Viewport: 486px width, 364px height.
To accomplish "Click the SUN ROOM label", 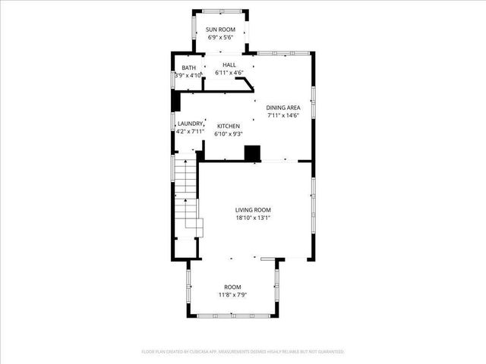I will click(x=221, y=30).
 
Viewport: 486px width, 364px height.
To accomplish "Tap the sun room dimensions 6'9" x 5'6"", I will click(x=221, y=38).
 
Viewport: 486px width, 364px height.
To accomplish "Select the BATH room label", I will click(x=188, y=67).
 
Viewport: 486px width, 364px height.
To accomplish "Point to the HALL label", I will click(x=229, y=64).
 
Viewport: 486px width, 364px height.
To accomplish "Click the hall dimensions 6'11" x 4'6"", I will click(x=229, y=73).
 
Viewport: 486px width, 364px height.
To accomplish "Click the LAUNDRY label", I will click(x=190, y=124).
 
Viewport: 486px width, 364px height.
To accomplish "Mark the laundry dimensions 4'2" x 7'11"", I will click(x=190, y=132).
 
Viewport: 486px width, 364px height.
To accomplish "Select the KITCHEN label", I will click(x=229, y=126).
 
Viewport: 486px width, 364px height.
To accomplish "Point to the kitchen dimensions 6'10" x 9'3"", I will click(x=229, y=134).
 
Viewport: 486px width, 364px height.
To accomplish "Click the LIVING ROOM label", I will click(x=253, y=210).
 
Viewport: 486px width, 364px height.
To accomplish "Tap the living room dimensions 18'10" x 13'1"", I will click(x=253, y=218).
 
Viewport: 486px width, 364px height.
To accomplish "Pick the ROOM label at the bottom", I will click(x=232, y=287).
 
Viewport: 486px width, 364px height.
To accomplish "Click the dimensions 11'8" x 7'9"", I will click(x=232, y=295).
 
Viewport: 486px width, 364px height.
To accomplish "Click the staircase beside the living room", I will click(x=186, y=197).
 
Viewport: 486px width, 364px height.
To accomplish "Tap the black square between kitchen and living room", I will click(x=252, y=152).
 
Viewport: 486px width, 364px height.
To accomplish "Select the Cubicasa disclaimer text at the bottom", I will click(x=243, y=352).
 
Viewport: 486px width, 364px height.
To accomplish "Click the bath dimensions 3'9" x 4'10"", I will click(x=188, y=76).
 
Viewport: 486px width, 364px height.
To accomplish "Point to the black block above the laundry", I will click(x=176, y=102).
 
